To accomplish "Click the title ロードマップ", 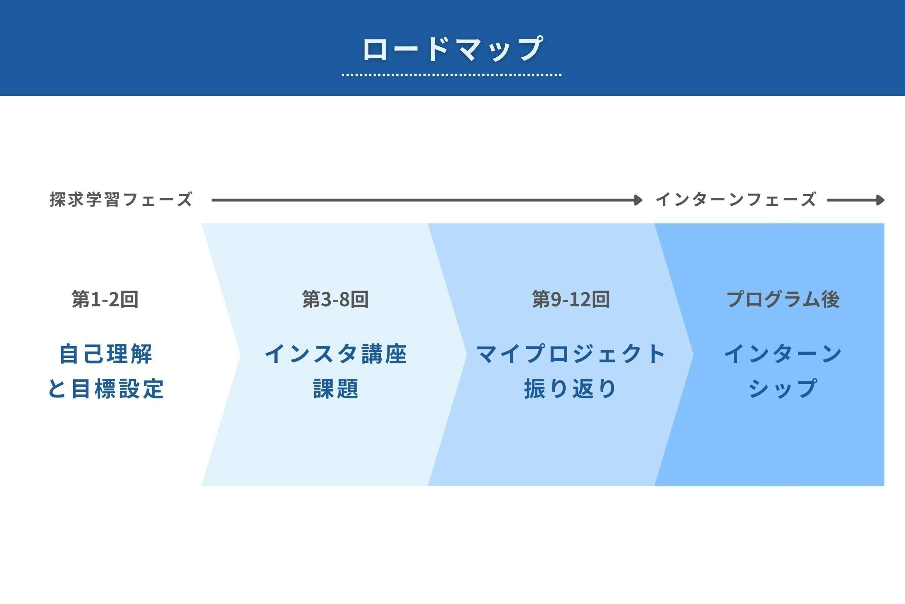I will [452, 49].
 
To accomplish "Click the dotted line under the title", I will [452, 75].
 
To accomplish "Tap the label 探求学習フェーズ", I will [121, 200].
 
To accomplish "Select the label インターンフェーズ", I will [736, 200].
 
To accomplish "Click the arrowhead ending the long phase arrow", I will [639, 200].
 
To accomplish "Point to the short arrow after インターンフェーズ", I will [856, 200].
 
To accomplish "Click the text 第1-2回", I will [105, 299].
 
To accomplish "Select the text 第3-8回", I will [335, 299].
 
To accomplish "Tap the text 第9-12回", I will [571, 299].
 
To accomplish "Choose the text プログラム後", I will [783, 299].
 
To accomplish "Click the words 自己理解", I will [106, 354].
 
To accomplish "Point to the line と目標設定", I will [106, 388].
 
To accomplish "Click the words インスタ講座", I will [336, 354].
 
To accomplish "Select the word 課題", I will [336, 388].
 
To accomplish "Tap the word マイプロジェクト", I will [571, 354].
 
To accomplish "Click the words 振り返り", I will [571, 388].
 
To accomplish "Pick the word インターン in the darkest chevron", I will [783, 354].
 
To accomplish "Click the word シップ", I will [783, 388].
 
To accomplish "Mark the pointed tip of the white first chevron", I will [240, 355].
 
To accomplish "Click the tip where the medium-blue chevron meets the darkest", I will [693, 355].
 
